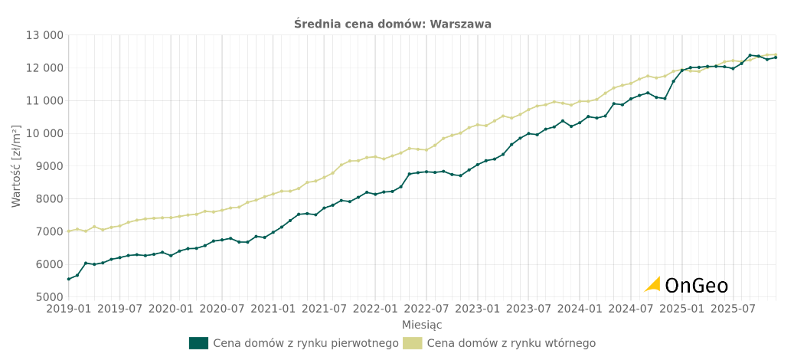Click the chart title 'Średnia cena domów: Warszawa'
393,24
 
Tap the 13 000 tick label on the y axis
44,35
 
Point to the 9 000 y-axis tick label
47,166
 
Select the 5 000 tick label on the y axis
47,297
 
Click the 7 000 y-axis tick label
47,231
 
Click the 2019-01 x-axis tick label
68,309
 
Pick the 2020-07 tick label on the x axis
222,309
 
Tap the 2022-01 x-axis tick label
375,309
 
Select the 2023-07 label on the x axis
528,309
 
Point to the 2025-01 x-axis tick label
682,309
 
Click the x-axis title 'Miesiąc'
422,325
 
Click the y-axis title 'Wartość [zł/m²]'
17,166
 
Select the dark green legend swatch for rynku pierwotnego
198,343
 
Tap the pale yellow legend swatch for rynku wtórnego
412,343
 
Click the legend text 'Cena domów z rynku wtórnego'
511,343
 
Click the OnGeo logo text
696,286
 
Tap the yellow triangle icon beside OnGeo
653,284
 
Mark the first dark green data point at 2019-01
69,279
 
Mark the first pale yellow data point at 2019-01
69,231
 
